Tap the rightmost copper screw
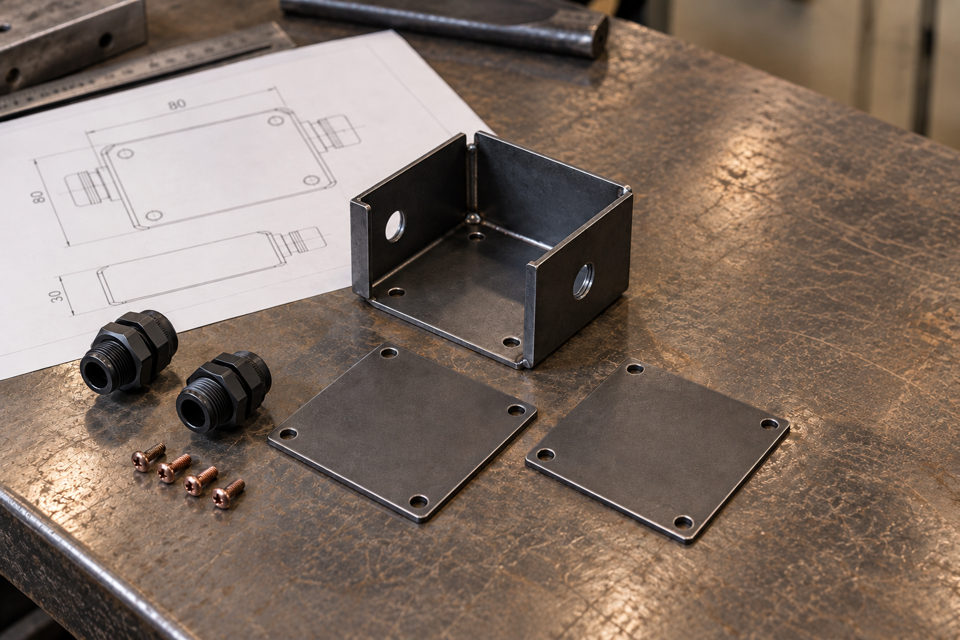(228, 494)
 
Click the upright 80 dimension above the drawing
(177, 104)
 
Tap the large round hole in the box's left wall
(395, 226)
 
